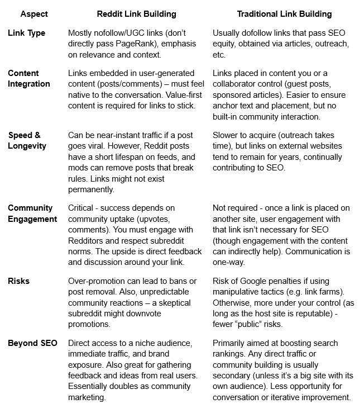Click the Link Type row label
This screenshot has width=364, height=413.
27,33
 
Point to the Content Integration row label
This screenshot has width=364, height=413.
29,79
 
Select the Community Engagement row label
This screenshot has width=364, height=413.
32,214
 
